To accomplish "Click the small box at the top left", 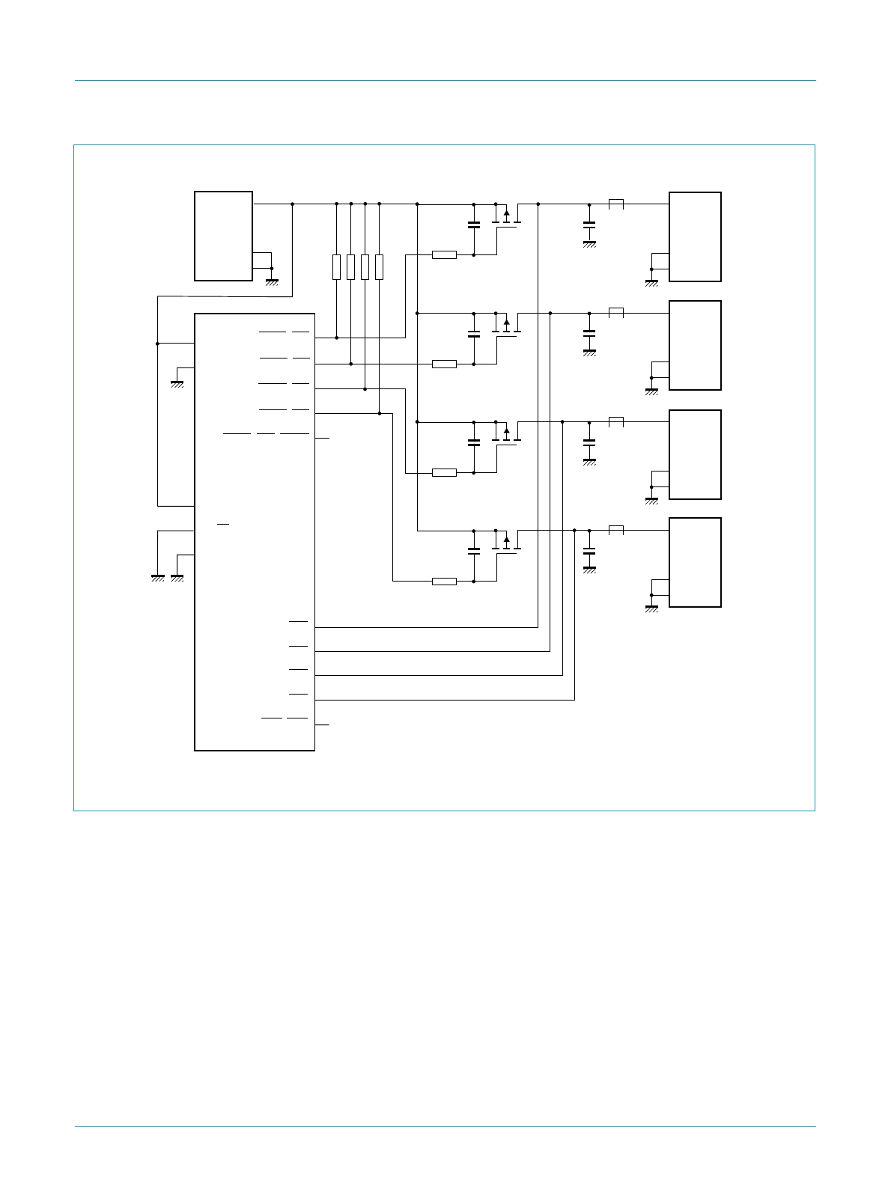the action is [223, 236].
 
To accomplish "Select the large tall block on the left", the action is [255, 531].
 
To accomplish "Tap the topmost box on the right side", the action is [695, 237].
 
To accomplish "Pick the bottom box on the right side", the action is [695, 562].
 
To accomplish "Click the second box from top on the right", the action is [695, 345].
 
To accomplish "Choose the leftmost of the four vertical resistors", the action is [337, 267].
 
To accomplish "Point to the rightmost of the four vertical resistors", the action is [380, 267].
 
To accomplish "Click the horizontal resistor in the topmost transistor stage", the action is [444, 254].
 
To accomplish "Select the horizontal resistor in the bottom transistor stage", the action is [444, 581].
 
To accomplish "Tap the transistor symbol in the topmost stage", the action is [507, 219].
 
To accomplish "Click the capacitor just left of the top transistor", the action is [473, 225].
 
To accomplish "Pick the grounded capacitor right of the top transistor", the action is [589, 225].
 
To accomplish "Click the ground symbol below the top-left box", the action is [272, 282].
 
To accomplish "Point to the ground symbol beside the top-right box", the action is [651, 283].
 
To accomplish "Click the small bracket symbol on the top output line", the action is [616, 204].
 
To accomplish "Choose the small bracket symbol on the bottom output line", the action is [616, 530].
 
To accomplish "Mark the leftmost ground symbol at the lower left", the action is [158, 578].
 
